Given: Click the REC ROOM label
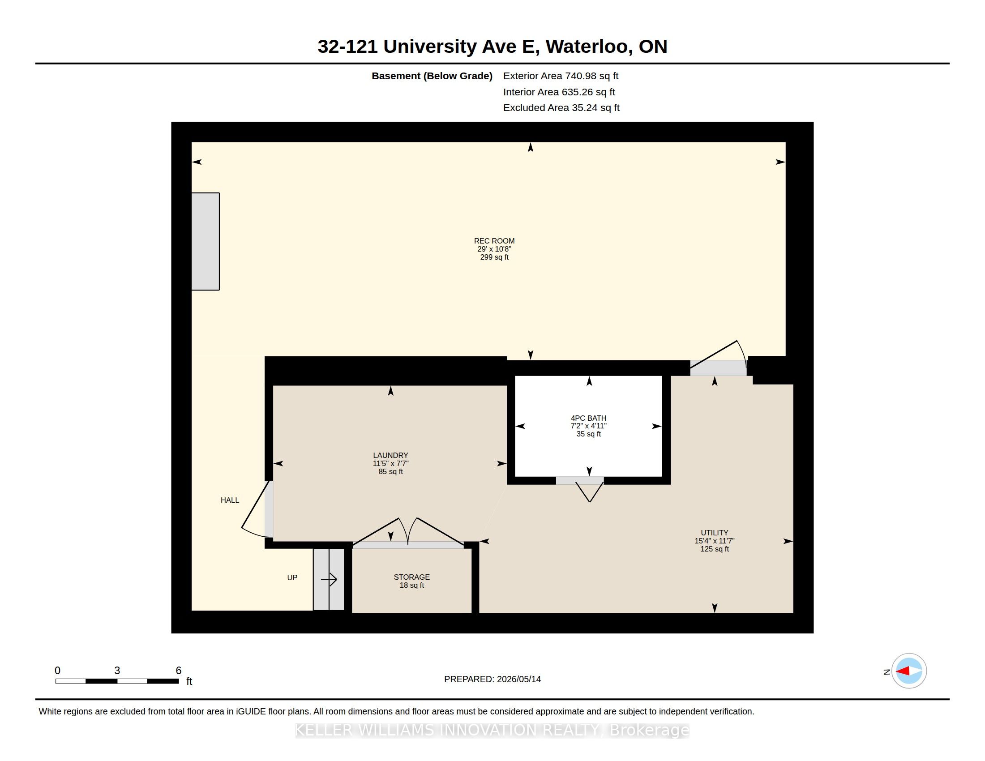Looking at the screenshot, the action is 494,241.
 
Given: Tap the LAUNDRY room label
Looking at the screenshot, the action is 390,455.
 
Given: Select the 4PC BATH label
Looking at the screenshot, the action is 589,418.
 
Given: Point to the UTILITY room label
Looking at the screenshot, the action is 715,532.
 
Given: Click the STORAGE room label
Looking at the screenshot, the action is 412,577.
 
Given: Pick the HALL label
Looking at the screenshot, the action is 230,500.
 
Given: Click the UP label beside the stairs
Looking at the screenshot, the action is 292,577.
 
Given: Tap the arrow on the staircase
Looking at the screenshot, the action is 329,579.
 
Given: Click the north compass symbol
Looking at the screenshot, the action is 908,671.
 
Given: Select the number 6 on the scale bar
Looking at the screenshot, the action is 179,671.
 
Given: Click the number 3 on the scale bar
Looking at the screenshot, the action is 117,671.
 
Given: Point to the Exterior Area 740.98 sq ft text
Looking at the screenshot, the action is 561,76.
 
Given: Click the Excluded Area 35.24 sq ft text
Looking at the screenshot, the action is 561,108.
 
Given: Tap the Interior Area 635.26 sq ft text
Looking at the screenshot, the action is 559,92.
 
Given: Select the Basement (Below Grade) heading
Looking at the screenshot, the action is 432,76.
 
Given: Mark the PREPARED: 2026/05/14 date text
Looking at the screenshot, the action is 492,679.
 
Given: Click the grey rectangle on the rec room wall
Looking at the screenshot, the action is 205,242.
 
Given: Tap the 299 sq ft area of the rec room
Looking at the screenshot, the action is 494,257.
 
